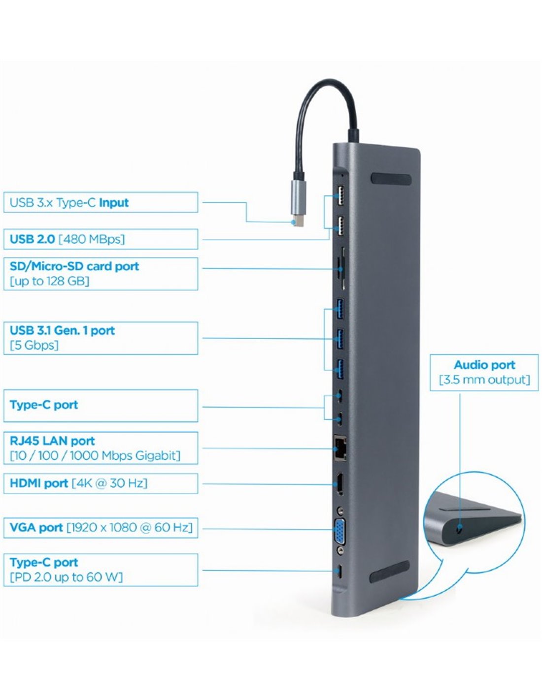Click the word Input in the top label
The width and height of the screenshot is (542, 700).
click(x=114, y=202)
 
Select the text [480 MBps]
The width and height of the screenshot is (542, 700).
click(x=92, y=239)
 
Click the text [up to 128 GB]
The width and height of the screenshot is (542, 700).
click(x=49, y=281)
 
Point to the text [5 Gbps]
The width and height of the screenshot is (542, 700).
click(x=34, y=345)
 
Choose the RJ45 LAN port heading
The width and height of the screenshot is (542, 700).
click(x=52, y=441)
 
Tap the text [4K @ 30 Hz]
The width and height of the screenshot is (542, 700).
click(x=109, y=483)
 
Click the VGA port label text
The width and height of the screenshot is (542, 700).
click(x=36, y=527)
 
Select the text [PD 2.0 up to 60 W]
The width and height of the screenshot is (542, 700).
click(x=66, y=577)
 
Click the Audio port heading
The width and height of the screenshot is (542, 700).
click(x=484, y=365)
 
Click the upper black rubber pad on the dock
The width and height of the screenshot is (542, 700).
click(x=392, y=180)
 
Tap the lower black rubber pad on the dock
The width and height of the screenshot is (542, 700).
click(x=389, y=572)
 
